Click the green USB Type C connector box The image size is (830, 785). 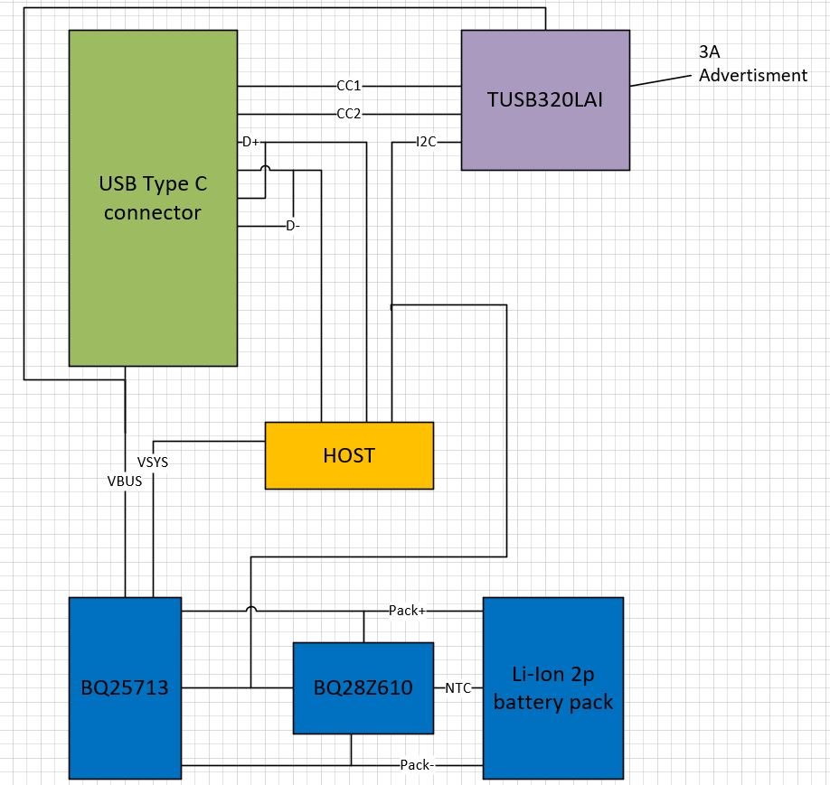(x=153, y=198)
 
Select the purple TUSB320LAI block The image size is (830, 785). (x=545, y=99)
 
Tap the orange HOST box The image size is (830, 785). (x=349, y=455)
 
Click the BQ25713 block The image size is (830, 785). (x=125, y=687)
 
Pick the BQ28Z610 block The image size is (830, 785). (x=363, y=687)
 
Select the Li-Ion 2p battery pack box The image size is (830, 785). (x=552, y=687)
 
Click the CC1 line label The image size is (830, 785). (x=349, y=86)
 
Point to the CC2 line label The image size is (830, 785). (x=349, y=114)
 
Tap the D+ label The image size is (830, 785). (x=250, y=143)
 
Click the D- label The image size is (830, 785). (x=292, y=226)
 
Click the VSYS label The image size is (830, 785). (x=153, y=462)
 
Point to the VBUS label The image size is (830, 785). (x=125, y=481)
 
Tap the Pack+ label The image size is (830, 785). (x=407, y=611)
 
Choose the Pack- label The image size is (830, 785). (x=418, y=765)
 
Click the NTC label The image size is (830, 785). (x=457, y=687)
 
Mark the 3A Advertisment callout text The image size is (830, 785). (x=752, y=65)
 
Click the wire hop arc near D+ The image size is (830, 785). (x=265, y=170)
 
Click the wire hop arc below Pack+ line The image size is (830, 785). (x=250, y=612)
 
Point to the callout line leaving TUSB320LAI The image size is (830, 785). (x=662, y=78)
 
